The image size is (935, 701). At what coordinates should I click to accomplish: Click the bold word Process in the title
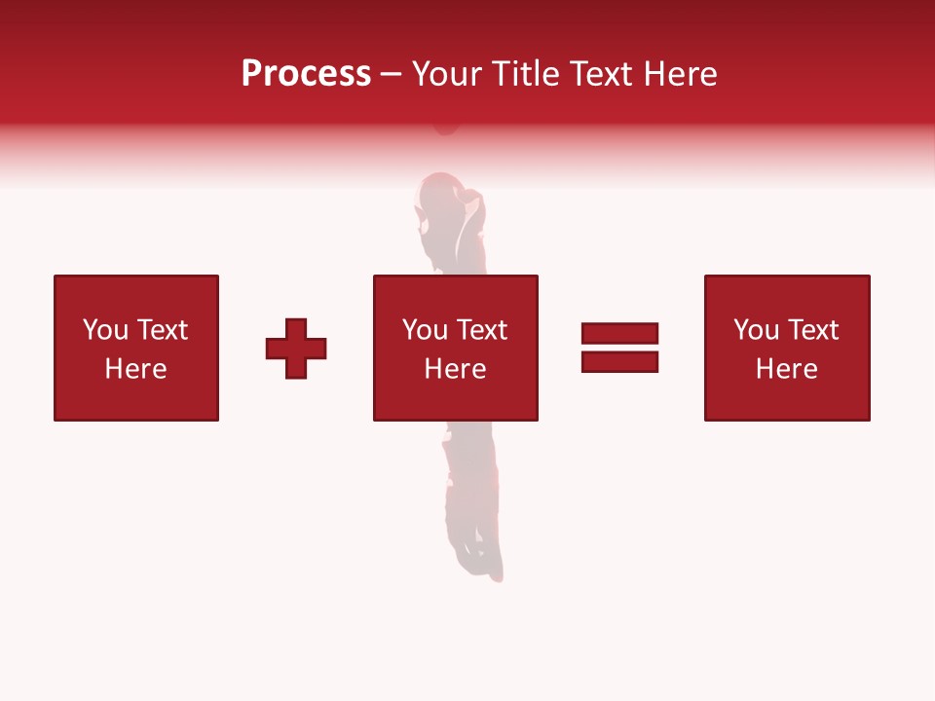pyautogui.click(x=306, y=74)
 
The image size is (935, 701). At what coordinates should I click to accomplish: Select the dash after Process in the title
pyautogui.click(x=392, y=75)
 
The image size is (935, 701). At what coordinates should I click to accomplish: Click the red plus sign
pyautogui.click(x=296, y=349)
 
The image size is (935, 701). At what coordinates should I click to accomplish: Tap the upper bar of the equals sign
pyautogui.click(x=619, y=334)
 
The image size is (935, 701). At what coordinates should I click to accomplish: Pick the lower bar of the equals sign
pyautogui.click(x=619, y=361)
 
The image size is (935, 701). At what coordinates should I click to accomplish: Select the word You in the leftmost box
pyautogui.click(x=105, y=330)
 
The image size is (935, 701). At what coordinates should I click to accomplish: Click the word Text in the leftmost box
pyautogui.click(x=161, y=330)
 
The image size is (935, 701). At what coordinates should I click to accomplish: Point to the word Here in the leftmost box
pyautogui.click(x=135, y=369)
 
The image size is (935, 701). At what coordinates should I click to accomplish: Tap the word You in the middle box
pyautogui.click(x=425, y=330)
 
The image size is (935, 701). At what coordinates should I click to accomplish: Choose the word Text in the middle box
pyautogui.click(x=480, y=330)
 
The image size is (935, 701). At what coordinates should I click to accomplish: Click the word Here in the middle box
pyautogui.click(x=455, y=369)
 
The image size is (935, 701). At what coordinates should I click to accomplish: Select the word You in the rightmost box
pyautogui.click(x=756, y=330)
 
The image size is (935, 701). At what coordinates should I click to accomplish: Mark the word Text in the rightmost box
pyautogui.click(x=811, y=330)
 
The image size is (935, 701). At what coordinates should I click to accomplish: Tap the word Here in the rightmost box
pyautogui.click(x=786, y=369)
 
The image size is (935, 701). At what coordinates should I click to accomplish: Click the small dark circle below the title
pyautogui.click(x=446, y=126)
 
